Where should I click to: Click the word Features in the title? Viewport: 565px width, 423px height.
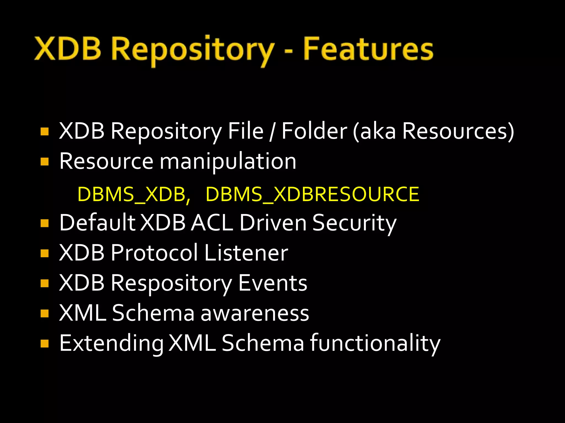(368, 50)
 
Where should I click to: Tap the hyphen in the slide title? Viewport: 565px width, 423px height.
(288, 51)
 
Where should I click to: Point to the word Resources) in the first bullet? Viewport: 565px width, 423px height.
(458, 131)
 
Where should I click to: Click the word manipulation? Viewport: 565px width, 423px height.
(228, 162)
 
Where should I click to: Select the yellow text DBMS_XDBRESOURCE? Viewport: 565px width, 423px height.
(312, 194)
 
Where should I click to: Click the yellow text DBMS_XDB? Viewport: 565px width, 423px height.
(134, 194)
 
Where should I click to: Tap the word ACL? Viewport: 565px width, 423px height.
(212, 223)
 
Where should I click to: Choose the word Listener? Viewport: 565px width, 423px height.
(246, 253)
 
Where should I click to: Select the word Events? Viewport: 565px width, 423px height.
(273, 283)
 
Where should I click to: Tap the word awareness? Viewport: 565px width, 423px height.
(255, 313)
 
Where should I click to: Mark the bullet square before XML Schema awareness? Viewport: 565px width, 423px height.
(44, 313)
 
